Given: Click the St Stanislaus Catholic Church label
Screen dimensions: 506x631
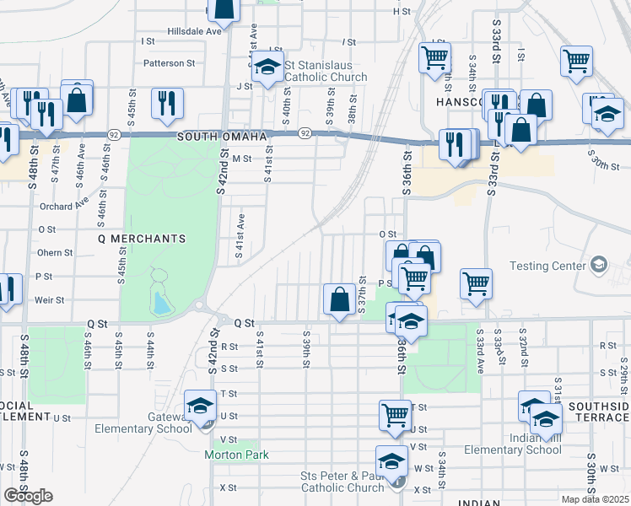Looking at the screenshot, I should pyautogui.click(x=326, y=71).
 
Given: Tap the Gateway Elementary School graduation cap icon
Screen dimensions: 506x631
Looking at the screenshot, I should pyautogui.click(x=200, y=405).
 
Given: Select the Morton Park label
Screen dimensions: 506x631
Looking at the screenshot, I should pyautogui.click(x=236, y=455).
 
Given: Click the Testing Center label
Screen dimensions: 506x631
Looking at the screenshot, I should pyautogui.click(x=547, y=266).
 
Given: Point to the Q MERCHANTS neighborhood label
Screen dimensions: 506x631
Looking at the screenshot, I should pyautogui.click(x=142, y=239).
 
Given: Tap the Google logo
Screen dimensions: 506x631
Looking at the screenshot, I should pyautogui.click(x=28, y=496).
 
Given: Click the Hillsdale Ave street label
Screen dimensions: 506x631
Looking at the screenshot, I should pyautogui.click(x=194, y=31).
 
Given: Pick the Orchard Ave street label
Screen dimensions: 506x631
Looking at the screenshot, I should pyautogui.click(x=63, y=205).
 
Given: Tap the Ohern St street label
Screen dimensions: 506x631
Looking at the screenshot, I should pyautogui.click(x=55, y=252).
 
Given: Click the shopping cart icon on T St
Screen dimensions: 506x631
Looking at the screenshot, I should pyautogui.click(x=394, y=413).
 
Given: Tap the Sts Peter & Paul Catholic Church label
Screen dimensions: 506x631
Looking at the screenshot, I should pyautogui.click(x=342, y=482).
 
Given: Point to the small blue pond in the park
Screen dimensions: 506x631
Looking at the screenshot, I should pyautogui.click(x=159, y=299).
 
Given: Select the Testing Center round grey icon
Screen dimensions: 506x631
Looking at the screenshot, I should pyautogui.click(x=599, y=266).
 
